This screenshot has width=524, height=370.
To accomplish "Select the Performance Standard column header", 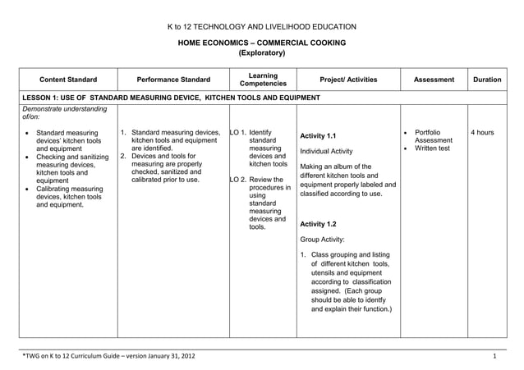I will click(173, 80).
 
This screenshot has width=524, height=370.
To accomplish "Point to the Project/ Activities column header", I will click(348, 80).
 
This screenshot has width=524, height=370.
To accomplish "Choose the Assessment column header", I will click(434, 80).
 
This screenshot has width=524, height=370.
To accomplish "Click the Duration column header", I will click(487, 80).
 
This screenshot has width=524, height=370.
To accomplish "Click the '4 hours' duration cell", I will click(482, 131).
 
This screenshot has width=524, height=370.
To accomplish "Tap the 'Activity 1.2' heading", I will click(319, 223).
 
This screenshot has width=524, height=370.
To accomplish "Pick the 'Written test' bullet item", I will click(432, 148).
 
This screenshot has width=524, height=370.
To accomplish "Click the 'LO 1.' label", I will click(239, 131).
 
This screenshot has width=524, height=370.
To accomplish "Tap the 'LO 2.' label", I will click(239, 180).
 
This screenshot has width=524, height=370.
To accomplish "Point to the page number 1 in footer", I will click(494, 357).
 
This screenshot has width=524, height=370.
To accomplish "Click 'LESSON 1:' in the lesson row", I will click(43, 98).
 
